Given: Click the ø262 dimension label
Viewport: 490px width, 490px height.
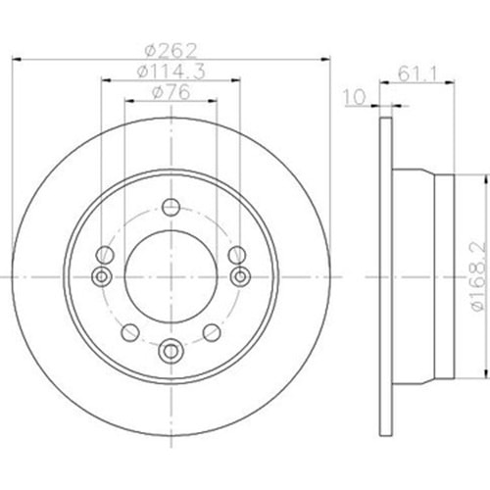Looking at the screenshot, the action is pyautogui.click(x=171, y=51).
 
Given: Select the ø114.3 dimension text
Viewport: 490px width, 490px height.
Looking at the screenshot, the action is pyautogui.click(x=171, y=72).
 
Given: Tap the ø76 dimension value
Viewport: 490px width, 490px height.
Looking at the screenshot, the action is pyautogui.click(x=171, y=92).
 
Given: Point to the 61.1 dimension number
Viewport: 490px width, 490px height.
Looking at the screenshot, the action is pyautogui.click(x=418, y=74).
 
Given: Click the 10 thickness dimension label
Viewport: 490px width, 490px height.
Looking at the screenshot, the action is pyautogui.click(x=354, y=97).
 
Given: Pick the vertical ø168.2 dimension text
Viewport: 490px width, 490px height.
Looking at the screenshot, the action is pyautogui.click(x=479, y=276).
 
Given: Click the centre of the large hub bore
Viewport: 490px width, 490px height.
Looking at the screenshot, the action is pyautogui.click(x=171, y=276).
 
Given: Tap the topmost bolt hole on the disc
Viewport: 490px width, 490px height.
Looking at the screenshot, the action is pyautogui.click(x=171, y=207).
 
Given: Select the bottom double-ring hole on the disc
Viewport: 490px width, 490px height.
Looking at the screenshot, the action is pyautogui.click(x=171, y=351).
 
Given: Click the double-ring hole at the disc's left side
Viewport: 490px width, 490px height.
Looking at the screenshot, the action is pyautogui.click(x=102, y=276).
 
